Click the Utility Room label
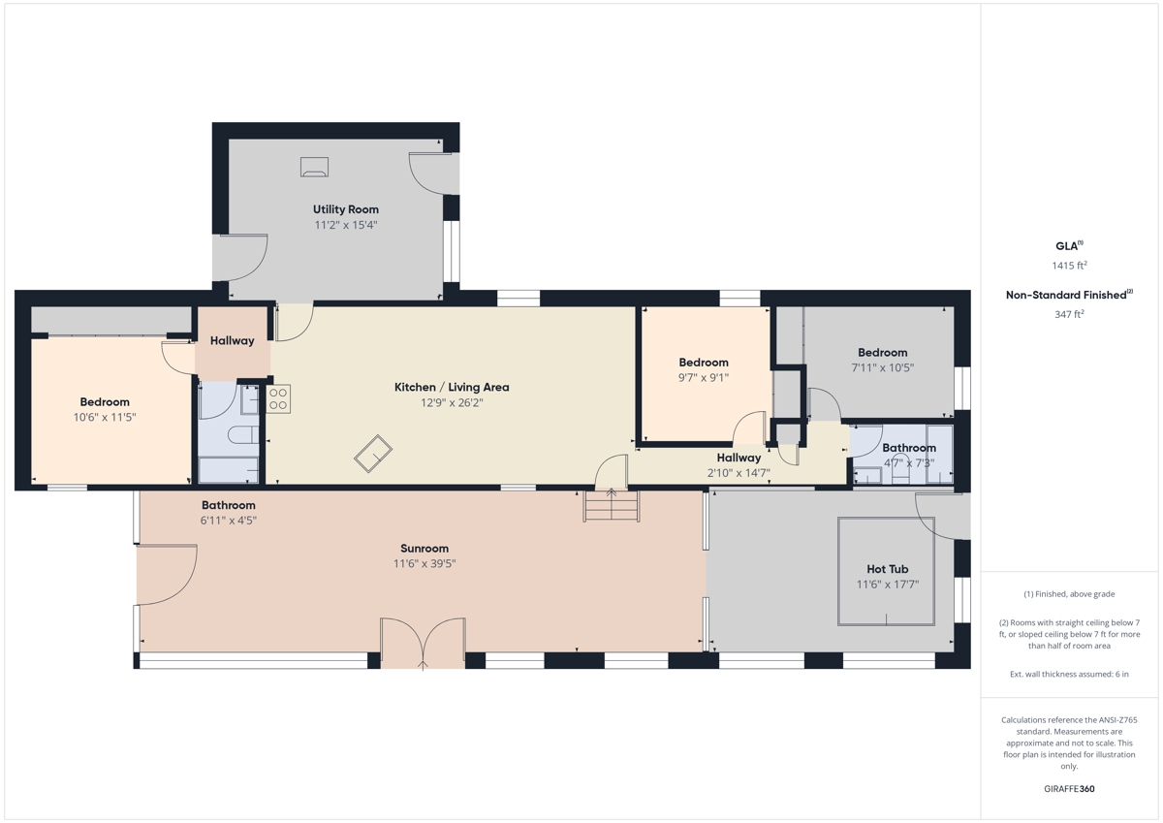click(345, 209)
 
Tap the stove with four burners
click(278, 398)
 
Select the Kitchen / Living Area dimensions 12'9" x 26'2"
click(452, 402)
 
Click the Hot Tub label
click(888, 569)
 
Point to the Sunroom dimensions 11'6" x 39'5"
click(424, 563)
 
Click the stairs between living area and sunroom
click(612, 505)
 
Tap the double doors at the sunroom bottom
click(423, 643)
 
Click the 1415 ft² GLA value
click(1069, 266)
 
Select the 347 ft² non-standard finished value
click(1069, 314)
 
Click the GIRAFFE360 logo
click(1069, 789)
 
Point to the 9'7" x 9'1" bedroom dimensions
click(704, 377)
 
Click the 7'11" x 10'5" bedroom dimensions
click(883, 367)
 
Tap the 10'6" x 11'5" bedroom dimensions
click(105, 417)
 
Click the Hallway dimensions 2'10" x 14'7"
click(739, 473)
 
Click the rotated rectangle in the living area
click(373, 454)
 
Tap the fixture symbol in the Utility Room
click(314, 167)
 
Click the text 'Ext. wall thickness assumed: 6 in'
click(1069, 674)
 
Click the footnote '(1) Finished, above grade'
click(1069, 594)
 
